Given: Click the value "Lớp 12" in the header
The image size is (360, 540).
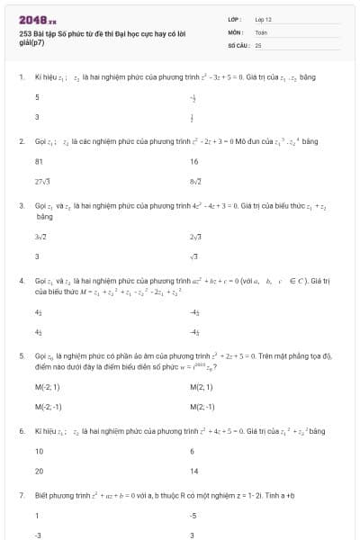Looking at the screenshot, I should [x=263, y=19].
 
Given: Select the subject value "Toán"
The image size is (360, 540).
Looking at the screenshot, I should [x=261, y=31].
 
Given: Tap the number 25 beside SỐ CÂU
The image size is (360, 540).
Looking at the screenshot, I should [x=258, y=44].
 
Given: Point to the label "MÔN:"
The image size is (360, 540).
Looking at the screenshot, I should [x=236, y=31].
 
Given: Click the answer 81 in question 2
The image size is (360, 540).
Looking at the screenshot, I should [x=39, y=162].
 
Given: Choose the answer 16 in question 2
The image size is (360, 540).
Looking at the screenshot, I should [x=194, y=162].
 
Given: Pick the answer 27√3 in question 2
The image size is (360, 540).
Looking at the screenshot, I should [x=41, y=182].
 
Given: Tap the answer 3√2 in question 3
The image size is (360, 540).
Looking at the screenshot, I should [x=40, y=236].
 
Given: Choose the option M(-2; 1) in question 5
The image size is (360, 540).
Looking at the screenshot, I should [x=47, y=388].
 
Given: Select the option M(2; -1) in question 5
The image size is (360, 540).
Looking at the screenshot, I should [x=202, y=407].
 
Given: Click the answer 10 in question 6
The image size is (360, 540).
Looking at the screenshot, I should [x=39, y=451].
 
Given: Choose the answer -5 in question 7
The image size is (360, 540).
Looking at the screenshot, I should [x=193, y=516].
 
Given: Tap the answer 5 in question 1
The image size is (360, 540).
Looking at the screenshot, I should [x=37, y=97].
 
